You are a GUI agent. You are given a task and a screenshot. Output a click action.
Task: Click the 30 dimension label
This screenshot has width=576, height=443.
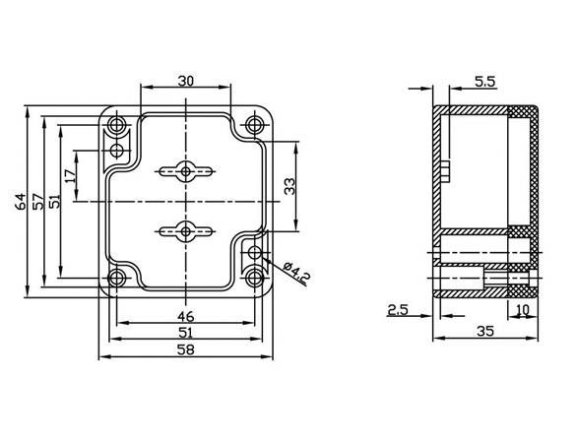coord(185,81)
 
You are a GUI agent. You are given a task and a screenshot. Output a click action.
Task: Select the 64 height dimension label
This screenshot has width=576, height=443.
coord(22,201)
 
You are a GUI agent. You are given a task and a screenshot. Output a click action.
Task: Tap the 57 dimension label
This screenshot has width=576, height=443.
coord(37,201)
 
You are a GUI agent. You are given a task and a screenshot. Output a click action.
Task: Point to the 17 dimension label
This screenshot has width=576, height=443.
coord(70,176)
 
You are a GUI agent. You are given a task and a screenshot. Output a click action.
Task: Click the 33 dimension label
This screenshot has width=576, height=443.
coord(289,186)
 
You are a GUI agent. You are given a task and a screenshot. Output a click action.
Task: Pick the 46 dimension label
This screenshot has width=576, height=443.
coord(185,316)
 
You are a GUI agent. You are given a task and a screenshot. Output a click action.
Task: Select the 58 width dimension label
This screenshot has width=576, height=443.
coord(185,349)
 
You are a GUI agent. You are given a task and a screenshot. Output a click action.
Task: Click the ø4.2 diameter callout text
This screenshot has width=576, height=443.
coord(297,274)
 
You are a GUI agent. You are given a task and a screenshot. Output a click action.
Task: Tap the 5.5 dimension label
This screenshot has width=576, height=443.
coord(484,82)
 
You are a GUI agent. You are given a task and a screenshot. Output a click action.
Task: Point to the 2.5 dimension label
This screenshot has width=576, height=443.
coord(398,310)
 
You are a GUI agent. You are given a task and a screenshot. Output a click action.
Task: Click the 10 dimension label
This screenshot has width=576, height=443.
coord(523,310)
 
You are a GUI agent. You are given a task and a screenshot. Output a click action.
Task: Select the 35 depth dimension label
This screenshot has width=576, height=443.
coord(485,332)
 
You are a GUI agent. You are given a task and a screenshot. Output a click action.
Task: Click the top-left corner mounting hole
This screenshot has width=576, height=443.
coord(117,124)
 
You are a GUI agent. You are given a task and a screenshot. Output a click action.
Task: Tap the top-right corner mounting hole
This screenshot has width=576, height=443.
coord(254,124)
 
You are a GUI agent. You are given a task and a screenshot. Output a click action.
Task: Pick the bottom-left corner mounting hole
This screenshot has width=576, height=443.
coord(117,278)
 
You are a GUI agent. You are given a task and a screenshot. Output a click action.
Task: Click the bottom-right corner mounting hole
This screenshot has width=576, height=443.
coord(254,278)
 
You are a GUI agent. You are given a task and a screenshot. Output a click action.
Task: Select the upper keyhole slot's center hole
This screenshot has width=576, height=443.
coord(186,171)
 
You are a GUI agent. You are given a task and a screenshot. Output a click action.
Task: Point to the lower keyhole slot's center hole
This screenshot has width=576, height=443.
coord(186,231)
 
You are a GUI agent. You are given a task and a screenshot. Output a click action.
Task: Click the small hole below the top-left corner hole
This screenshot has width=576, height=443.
coord(117,150)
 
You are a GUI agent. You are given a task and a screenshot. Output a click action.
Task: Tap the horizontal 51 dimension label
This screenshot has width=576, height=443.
coord(185,333)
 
